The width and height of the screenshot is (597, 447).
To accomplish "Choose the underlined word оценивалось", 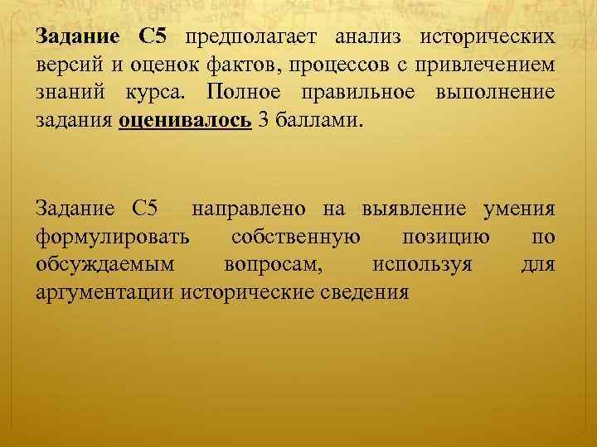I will [x=185, y=119].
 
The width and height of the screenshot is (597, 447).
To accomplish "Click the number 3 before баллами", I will [x=264, y=119].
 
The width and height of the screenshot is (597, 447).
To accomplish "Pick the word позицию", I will [x=445, y=238].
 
